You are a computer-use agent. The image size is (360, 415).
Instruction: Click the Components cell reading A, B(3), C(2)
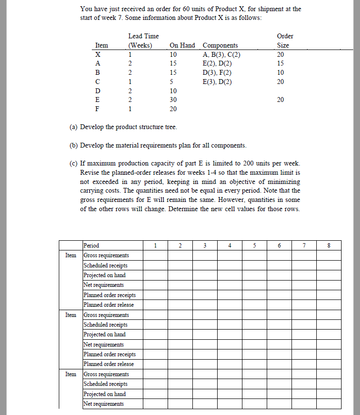click(221, 54)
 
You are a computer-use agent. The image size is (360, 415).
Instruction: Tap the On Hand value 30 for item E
click(173, 100)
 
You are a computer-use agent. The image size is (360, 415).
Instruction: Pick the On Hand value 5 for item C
click(173, 82)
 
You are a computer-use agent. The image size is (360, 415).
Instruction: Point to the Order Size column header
click(285, 41)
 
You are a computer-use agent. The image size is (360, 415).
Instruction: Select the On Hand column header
click(182, 45)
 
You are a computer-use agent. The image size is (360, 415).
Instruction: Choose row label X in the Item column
click(99, 54)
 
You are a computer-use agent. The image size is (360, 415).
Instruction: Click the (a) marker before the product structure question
click(73, 127)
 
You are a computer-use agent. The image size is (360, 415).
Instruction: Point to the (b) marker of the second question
click(73, 145)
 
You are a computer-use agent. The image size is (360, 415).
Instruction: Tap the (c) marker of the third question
click(73, 164)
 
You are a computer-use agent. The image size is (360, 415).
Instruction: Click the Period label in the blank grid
click(91, 245)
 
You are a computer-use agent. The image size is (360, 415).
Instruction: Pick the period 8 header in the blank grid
click(329, 245)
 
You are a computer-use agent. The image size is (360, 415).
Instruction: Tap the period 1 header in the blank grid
click(155, 245)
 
